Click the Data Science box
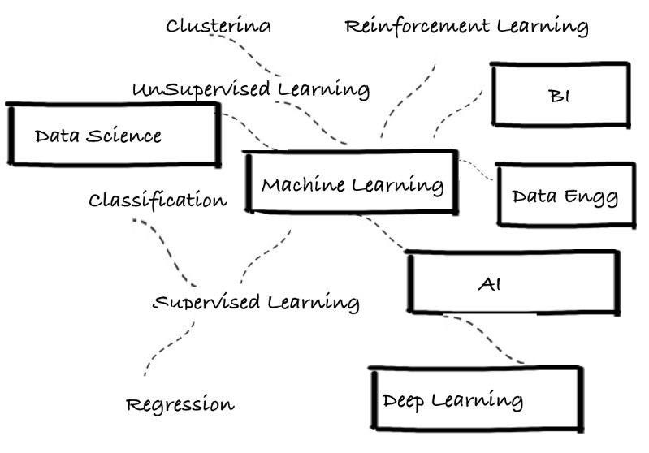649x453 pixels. click(114, 136)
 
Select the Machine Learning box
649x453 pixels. click(351, 183)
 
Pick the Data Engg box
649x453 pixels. click(565, 196)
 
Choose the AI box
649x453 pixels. click(511, 282)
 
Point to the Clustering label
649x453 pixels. click(218, 26)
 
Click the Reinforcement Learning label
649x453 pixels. click(466, 26)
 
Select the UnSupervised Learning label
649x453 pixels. click(251, 88)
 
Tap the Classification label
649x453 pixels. click(158, 200)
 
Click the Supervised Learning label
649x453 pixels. click(257, 303)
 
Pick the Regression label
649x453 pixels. click(180, 403)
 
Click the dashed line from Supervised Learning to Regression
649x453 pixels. click(167, 345)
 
